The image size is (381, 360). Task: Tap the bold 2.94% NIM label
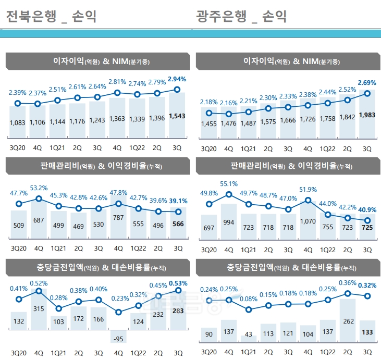(x=177, y=79)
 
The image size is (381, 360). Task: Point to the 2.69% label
(x=367, y=83)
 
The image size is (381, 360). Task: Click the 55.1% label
(x=229, y=184)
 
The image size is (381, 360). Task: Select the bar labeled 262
(x=347, y=321)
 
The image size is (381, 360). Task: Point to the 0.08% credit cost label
(x=248, y=299)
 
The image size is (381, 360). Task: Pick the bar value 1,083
(x=18, y=122)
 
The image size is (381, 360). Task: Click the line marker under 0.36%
(x=347, y=293)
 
